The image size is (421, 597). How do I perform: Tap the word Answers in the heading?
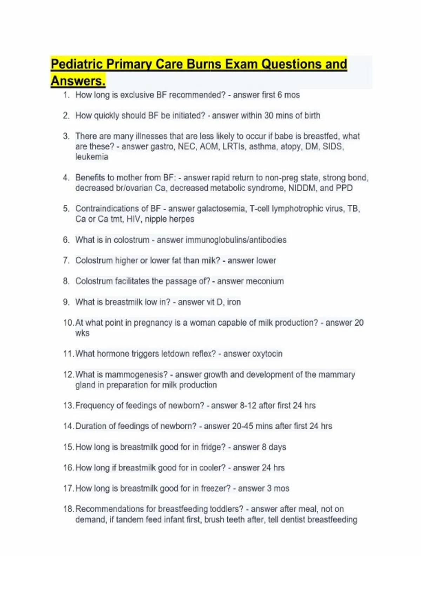click(x=78, y=81)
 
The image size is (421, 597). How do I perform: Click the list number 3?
click(x=66, y=136)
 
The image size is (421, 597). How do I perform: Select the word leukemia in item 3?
click(x=92, y=157)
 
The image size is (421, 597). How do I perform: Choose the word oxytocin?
click(x=268, y=354)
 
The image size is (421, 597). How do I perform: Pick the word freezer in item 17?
click(x=217, y=488)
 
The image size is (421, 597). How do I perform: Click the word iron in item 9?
click(x=234, y=302)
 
